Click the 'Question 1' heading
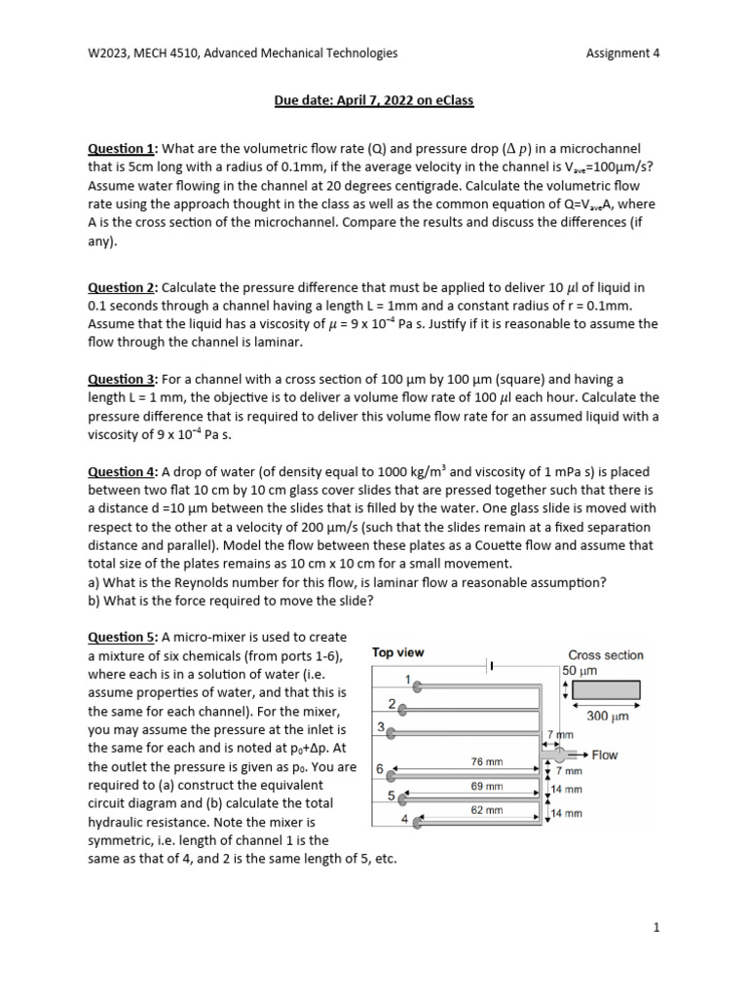[122, 149]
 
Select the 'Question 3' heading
[122, 379]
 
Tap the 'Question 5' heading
[122, 637]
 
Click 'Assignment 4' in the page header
[622, 54]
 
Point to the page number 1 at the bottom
[657, 928]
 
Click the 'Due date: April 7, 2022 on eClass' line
[373, 99]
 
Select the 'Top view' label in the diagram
[398, 652]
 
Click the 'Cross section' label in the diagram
[605, 655]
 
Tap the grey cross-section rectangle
[606, 690]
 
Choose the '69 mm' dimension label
[485, 786]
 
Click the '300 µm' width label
[605, 716]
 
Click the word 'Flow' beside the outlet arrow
[605, 755]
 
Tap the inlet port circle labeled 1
[419, 686]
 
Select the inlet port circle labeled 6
[392, 775]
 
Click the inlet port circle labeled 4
[419, 823]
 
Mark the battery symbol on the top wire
[492, 666]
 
